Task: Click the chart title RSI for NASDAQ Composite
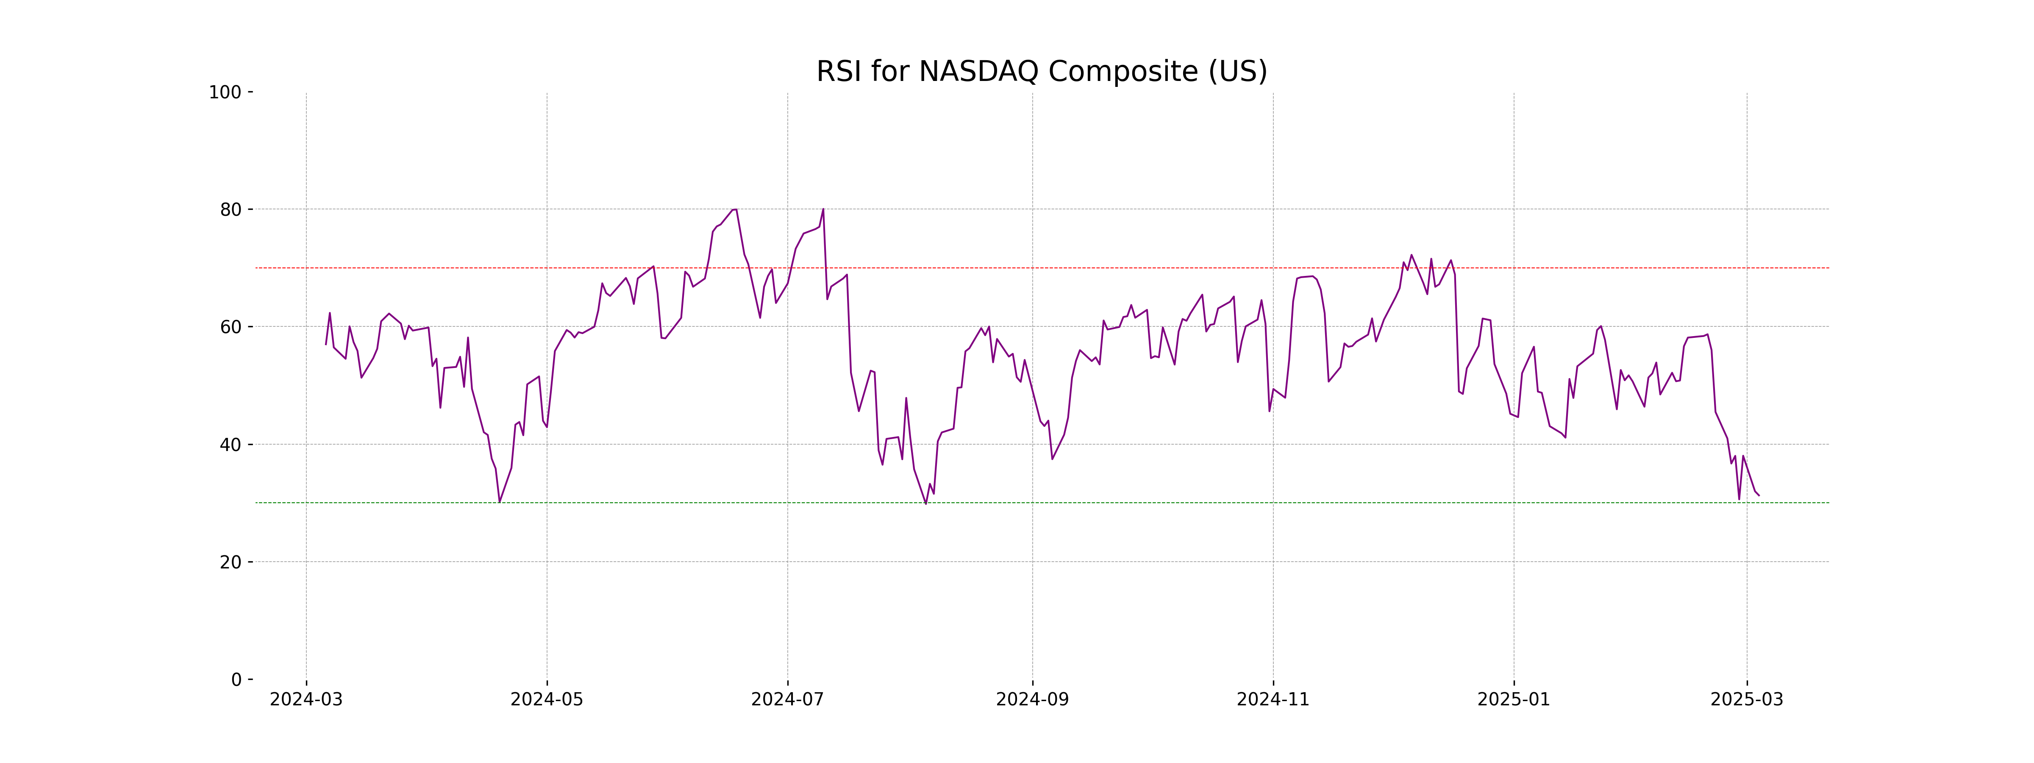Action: (x=1042, y=72)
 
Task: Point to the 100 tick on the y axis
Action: (x=225, y=92)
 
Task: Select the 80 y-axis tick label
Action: (x=231, y=209)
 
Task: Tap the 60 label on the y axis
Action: (x=231, y=327)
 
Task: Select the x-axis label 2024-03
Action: (x=306, y=700)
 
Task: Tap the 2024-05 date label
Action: (x=547, y=700)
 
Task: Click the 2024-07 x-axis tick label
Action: (x=787, y=700)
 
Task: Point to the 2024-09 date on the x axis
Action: (x=1032, y=700)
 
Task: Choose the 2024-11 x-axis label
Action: (x=1273, y=700)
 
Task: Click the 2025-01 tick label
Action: (x=1514, y=700)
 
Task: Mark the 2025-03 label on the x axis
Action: (x=1747, y=700)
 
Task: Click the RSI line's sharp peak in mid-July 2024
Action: (x=823, y=209)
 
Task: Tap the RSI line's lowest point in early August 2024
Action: (x=925, y=503)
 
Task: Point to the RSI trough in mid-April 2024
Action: (x=499, y=501)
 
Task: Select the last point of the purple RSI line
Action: (x=1759, y=495)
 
